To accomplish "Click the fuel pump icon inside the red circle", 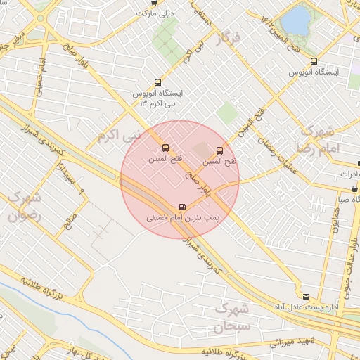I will click(184, 207).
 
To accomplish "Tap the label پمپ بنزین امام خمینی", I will click(183, 219).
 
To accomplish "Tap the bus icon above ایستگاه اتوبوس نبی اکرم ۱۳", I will click(156, 82).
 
